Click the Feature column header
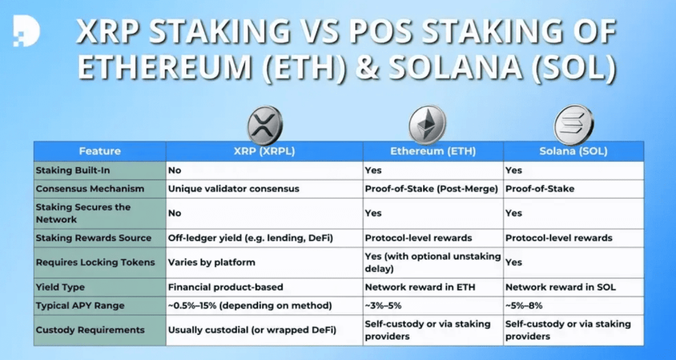(100, 151)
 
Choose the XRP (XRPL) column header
(264, 151)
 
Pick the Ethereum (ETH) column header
(433, 151)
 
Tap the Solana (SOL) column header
(573, 151)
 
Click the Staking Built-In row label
(69, 170)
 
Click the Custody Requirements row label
(90, 329)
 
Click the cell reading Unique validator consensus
(234, 189)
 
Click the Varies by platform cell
(211, 262)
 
